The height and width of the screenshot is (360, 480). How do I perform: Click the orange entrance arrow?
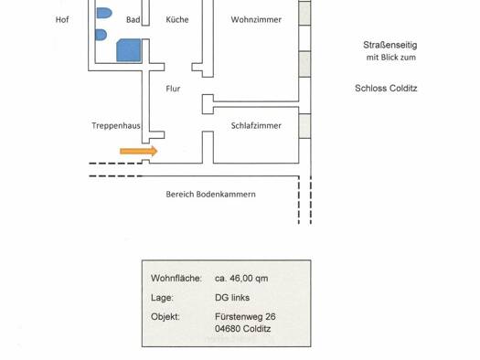point(139,151)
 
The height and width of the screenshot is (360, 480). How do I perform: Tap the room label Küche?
point(177,19)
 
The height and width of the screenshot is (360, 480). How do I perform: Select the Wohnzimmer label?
point(256,19)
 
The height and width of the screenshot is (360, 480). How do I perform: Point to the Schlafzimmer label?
point(256,126)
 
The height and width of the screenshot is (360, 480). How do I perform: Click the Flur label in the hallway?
point(173,89)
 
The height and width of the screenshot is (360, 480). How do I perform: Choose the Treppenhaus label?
point(116,126)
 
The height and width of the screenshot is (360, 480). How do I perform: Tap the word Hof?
point(62,19)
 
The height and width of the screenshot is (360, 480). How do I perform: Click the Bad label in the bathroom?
point(133,19)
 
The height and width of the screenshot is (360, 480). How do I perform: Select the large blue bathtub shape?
point(129,50)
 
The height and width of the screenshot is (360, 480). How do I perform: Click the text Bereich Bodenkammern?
point(210,195)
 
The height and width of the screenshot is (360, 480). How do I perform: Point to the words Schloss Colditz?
point(386,89)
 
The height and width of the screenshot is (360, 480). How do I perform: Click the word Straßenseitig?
point(390,46)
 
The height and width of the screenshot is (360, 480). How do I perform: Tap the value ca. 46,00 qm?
point(241,279)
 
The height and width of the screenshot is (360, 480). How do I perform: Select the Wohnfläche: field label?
point(176,279)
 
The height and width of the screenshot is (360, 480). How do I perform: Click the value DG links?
point(232,298)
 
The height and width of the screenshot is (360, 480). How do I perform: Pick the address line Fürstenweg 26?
point(245,317)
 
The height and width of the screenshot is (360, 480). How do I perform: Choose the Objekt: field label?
point(165,317)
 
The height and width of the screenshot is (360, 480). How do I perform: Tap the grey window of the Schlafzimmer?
point(304,126)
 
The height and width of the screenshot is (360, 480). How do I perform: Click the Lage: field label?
point(162,298)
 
